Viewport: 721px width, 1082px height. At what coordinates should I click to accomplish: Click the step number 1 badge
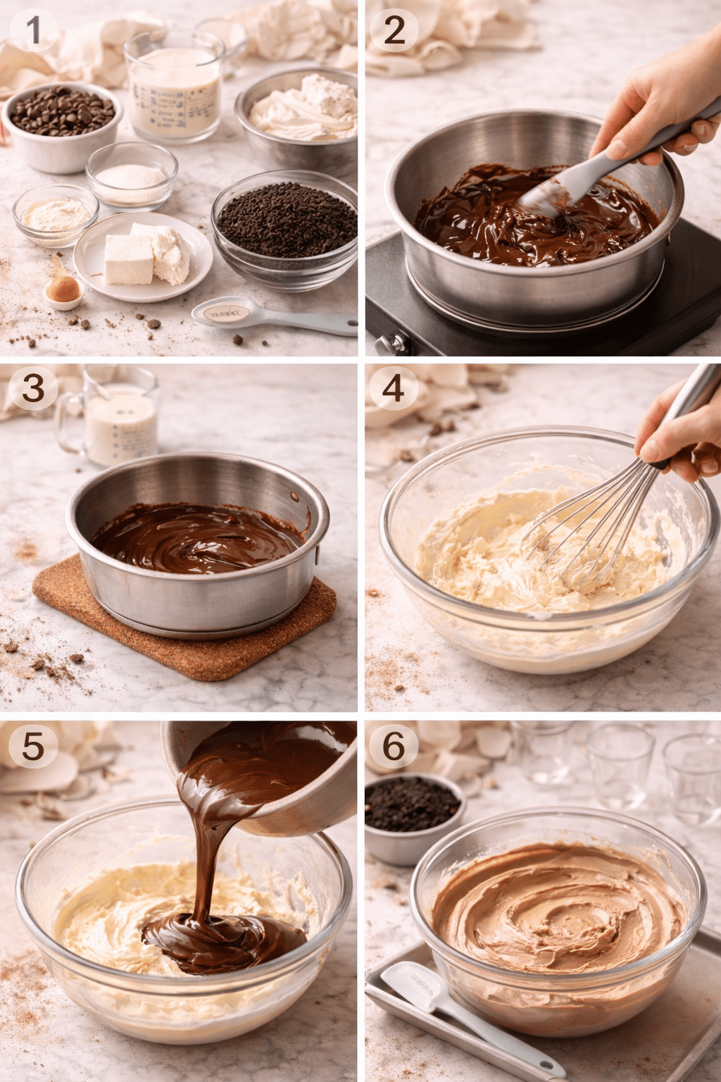click(x=33, y=32)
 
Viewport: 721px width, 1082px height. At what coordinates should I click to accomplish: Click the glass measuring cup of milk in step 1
click(x=174, y=85)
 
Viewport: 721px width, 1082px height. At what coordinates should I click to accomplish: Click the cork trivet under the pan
click(x=183, y=634)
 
